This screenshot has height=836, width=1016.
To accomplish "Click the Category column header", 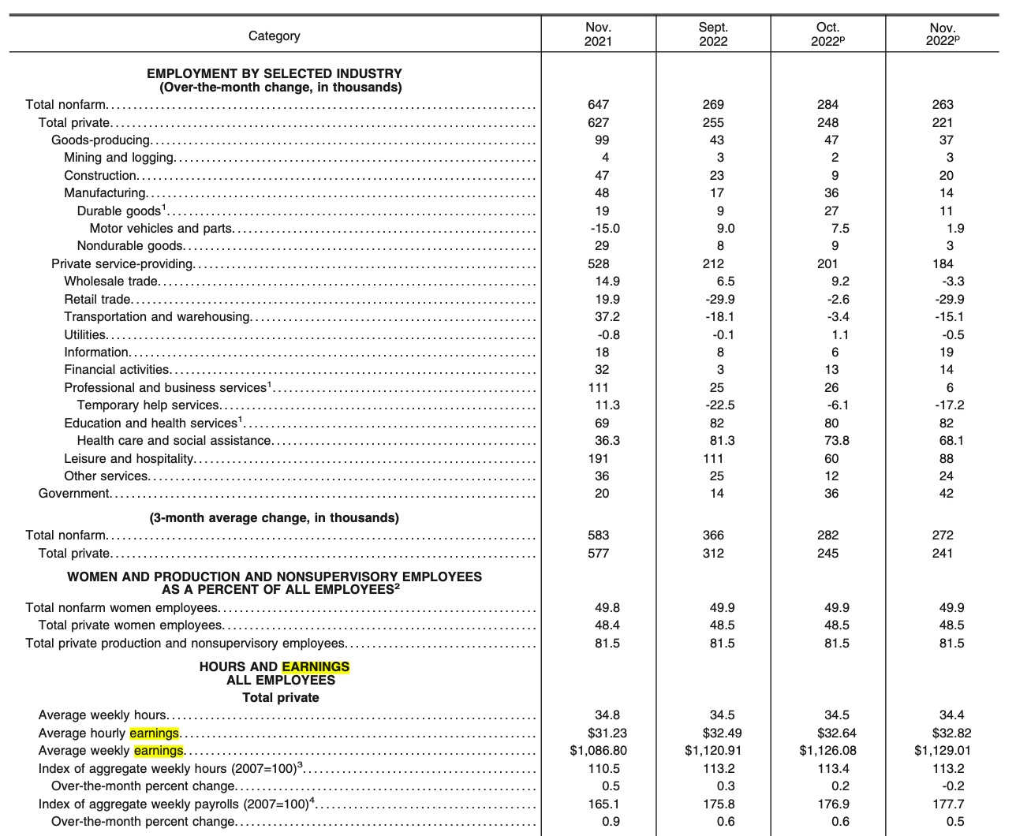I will click(x=274, y=35).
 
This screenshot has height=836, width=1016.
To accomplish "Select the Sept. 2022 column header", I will click(x=713, y=34).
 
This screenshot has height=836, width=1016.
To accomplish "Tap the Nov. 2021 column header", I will click(x=598, y=34).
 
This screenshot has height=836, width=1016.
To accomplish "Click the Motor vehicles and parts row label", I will click(x=161, y=229).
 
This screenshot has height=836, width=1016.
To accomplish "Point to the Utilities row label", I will click(x=85, y=334).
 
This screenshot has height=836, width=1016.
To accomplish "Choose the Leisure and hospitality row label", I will click(x=129, y=458).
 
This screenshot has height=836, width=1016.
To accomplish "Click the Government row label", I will click(x=74, y=494).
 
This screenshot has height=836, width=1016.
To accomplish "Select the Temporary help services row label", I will click(x=148, y=405).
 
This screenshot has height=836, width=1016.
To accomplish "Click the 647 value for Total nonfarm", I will click(x=598, y=105).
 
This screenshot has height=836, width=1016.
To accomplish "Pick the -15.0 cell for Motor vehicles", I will click(x=605, y=229).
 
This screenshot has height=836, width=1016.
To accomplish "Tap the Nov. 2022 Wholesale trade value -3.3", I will click(x=953, y=282).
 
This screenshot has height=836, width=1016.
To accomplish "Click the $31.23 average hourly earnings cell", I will click(x=607, y=733).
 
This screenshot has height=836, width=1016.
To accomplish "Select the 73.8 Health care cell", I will click(x=837, y=441).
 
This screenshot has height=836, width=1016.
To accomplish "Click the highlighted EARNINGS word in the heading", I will click(x=316, y=667).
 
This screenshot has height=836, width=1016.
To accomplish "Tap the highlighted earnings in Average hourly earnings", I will click(x=155, y=733).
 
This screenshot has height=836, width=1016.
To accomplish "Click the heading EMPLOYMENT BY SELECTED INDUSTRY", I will click(x=275, y=73).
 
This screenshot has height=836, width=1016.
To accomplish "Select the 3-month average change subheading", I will click(x=275, y=518).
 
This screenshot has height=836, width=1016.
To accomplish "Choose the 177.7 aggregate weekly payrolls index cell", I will click(x=948, y=804).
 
